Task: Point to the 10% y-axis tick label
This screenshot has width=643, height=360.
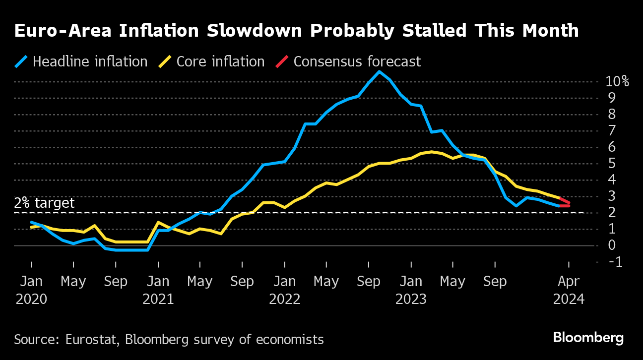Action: [617, 82]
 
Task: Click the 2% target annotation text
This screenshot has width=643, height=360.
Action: [44, 203]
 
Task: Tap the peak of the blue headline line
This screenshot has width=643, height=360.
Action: [380, 72]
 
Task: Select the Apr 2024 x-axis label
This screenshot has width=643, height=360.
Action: [569, 290]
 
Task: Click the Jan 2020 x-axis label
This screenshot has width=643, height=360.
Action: [32, 290]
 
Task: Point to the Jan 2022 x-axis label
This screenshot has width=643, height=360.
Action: [285, 290]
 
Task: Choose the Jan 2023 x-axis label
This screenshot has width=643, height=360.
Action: [411, 290]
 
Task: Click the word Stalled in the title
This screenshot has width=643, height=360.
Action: [425, 31]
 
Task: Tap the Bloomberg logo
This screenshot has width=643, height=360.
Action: [588, 338]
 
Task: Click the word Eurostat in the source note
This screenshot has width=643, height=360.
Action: [92, 340]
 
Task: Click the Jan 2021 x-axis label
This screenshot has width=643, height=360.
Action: [158, 290]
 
